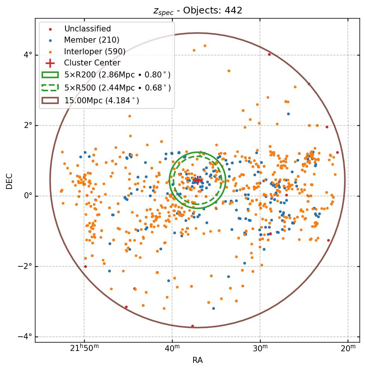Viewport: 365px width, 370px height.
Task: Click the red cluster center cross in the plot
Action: click(x=197, y=181)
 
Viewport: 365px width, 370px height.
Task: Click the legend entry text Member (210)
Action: click(x=92, y=40)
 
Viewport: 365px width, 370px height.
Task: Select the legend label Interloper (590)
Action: click(x=95, y=51)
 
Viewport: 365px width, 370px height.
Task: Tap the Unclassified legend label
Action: click(x=88, y=29)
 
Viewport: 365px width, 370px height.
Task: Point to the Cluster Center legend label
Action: click(x=92, y=63)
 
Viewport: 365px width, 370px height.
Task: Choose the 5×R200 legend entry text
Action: click(x=117, y=75)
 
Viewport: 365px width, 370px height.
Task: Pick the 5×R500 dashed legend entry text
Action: click(x=117, y=88)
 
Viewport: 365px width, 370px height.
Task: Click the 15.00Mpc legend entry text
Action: click(x=101, y=100)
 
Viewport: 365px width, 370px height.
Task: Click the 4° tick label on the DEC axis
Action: click(x=28, y=55)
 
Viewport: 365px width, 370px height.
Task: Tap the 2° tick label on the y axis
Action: click(x=28, y=125)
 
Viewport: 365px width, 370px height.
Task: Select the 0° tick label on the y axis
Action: click(x=28, y=196)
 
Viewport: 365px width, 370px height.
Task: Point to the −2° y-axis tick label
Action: click(x=25, y=266)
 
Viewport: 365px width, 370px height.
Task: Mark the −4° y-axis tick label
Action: click(x=25, y=337)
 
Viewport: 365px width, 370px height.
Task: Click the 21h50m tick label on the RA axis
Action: click(x=84, y=348)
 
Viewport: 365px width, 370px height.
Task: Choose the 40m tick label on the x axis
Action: click(x=172, y=348)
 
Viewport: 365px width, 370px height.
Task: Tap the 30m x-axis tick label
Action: click(x=260, y=348)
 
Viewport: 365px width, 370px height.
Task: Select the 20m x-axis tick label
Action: click(x=348, y=348)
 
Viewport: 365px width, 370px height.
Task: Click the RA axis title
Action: click(x=197, y=360)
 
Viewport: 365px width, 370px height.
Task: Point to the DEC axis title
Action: click(x=10, y=181)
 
